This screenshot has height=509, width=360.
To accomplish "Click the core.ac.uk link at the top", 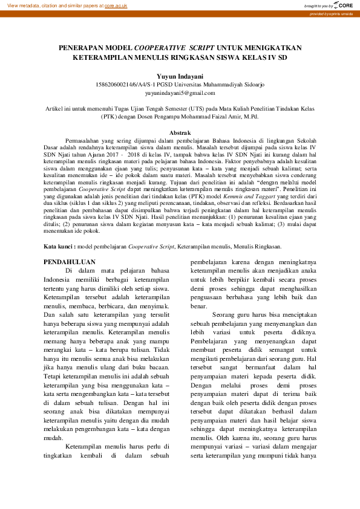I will point(116,5).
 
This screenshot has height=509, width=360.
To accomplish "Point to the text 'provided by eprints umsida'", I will point(333,13).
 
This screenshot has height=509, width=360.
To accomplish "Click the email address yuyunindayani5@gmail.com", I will point(180,93).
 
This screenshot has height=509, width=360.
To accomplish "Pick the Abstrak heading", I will point(180,132).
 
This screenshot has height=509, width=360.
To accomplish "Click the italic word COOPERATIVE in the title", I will point(160,47).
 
